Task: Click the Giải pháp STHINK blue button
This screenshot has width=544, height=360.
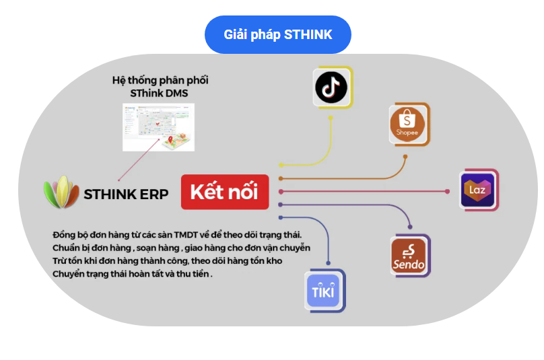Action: click(x=277, y=34)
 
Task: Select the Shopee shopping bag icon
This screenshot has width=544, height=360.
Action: click(x=408, y=123)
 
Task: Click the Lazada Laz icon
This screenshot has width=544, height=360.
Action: click(x=478, y=190)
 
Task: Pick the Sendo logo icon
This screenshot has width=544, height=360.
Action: click(x=409, y=256)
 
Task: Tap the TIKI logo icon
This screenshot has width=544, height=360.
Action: click(x=324, y=290)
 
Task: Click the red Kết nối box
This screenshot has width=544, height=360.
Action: click(x=224, y=192)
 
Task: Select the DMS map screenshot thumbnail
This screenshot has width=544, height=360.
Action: click(x=158, y=127)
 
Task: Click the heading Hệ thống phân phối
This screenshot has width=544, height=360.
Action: click(x=160, y=80)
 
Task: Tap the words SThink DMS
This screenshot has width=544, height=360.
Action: click(x=160, y=93)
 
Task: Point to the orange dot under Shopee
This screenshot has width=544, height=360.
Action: click(x=405, y=157)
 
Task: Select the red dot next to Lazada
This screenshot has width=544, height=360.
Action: click(x=448, y=192)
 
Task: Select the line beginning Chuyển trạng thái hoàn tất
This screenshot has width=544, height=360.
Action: click(x=132, y=274)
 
